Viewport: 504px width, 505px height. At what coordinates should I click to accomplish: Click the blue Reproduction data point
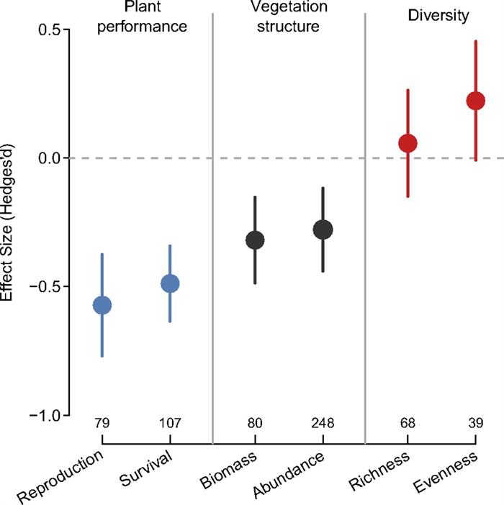coord(102,305)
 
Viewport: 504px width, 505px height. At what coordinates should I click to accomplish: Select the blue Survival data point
coord(170,283)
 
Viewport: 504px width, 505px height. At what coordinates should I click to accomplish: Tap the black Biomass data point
coord(255,240)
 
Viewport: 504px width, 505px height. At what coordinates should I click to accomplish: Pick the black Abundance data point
coord(323,229)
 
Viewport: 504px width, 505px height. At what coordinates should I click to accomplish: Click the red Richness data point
coord(408,143)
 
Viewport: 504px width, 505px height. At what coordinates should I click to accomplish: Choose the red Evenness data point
coord(475,101)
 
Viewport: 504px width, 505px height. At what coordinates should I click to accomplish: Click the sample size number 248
coord(323,423)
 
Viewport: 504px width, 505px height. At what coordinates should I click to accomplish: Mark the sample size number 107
coord(170,423)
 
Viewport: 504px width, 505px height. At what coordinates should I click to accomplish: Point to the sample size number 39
coord(475,423)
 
